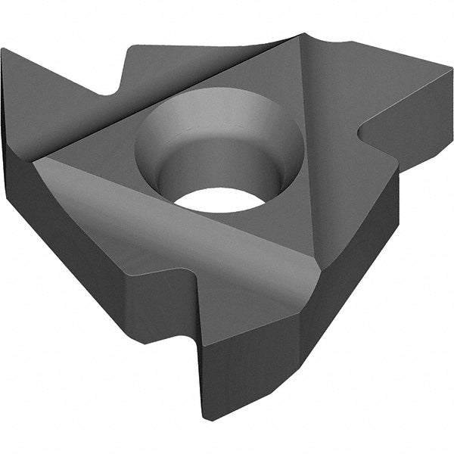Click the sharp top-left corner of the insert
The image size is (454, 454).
[3, 50]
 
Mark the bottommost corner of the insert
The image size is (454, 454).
[206, 418]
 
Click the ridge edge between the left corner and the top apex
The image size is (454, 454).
[166, 98]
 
